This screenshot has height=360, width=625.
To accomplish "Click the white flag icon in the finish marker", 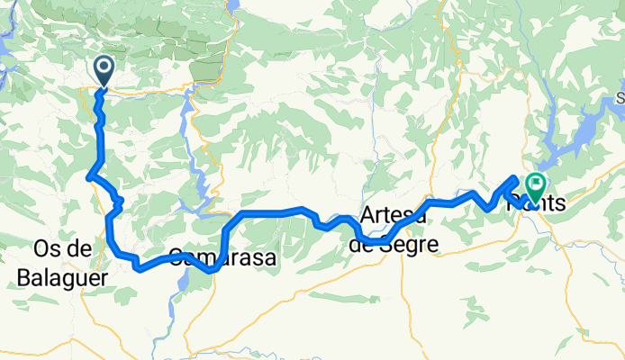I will pyautogui.click(x=537, y=185).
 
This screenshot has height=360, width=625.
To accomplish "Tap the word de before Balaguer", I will pyautogui.click(x=79, y=247).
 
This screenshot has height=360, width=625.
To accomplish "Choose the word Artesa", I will pyautogui.click(x=393, y=215).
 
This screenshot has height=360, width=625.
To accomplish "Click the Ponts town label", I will pyautogui.click(x=539, y=205).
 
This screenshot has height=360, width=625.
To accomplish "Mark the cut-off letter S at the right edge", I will pyautogui.click(x=620, y=97).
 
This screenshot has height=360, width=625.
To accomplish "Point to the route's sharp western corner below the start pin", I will pyautogui.click(x=88, y=176).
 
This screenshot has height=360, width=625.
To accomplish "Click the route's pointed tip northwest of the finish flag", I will pyautogui.click(x=514, y=176).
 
